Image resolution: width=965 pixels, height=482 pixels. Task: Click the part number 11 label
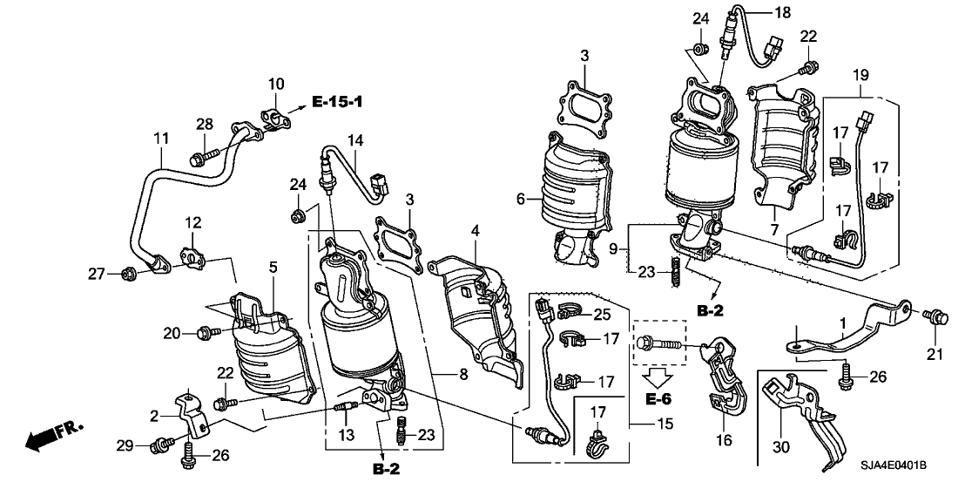pos(160,139)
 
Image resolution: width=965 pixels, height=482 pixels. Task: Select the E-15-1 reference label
pos(334,104)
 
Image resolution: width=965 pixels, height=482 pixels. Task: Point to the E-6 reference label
pos(660,399)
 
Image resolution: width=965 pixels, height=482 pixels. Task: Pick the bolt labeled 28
pos(198,160)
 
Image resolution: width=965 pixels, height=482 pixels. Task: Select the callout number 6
pos(520,199)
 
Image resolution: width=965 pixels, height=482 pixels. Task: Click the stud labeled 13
pos(343,408)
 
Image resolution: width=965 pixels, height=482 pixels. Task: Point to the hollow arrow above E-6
pos(659,377)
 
